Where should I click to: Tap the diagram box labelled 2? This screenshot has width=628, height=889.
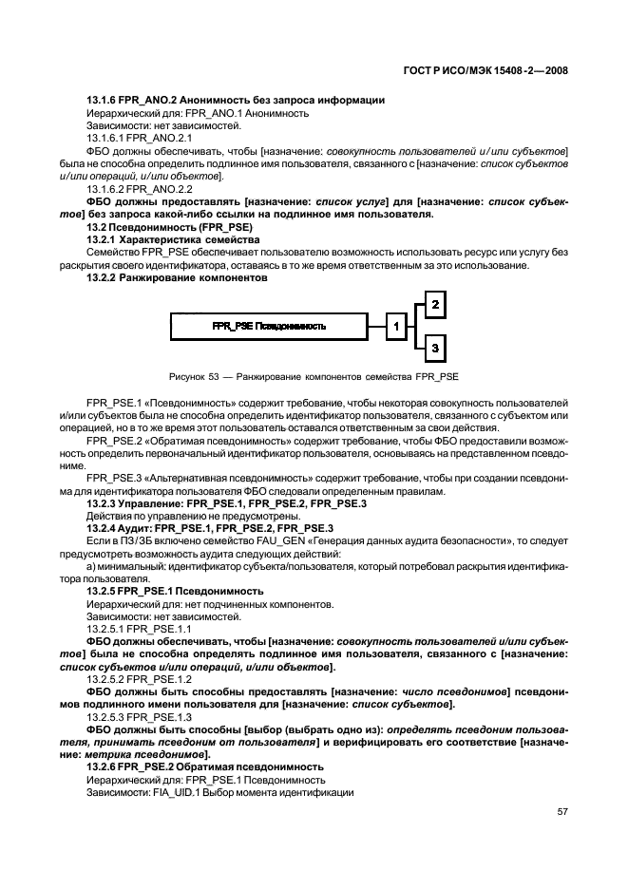(x=433, y=305)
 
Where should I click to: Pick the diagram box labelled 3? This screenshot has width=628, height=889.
(x=433, y=349)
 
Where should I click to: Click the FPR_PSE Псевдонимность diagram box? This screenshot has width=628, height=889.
(x=269, y=326)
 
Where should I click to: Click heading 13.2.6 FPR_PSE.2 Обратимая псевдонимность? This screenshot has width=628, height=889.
(x=205, y=766)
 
